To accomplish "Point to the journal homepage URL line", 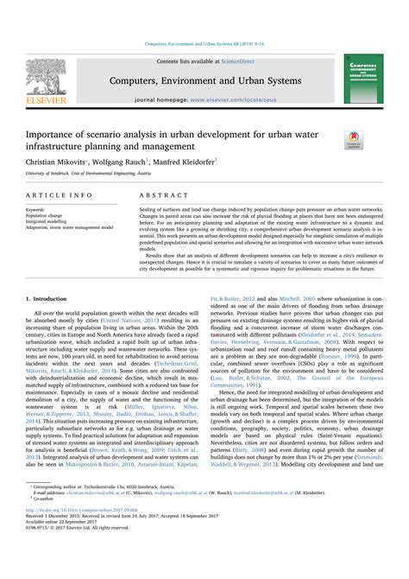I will click(204, 100).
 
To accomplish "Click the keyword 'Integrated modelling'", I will click(48, 222).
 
